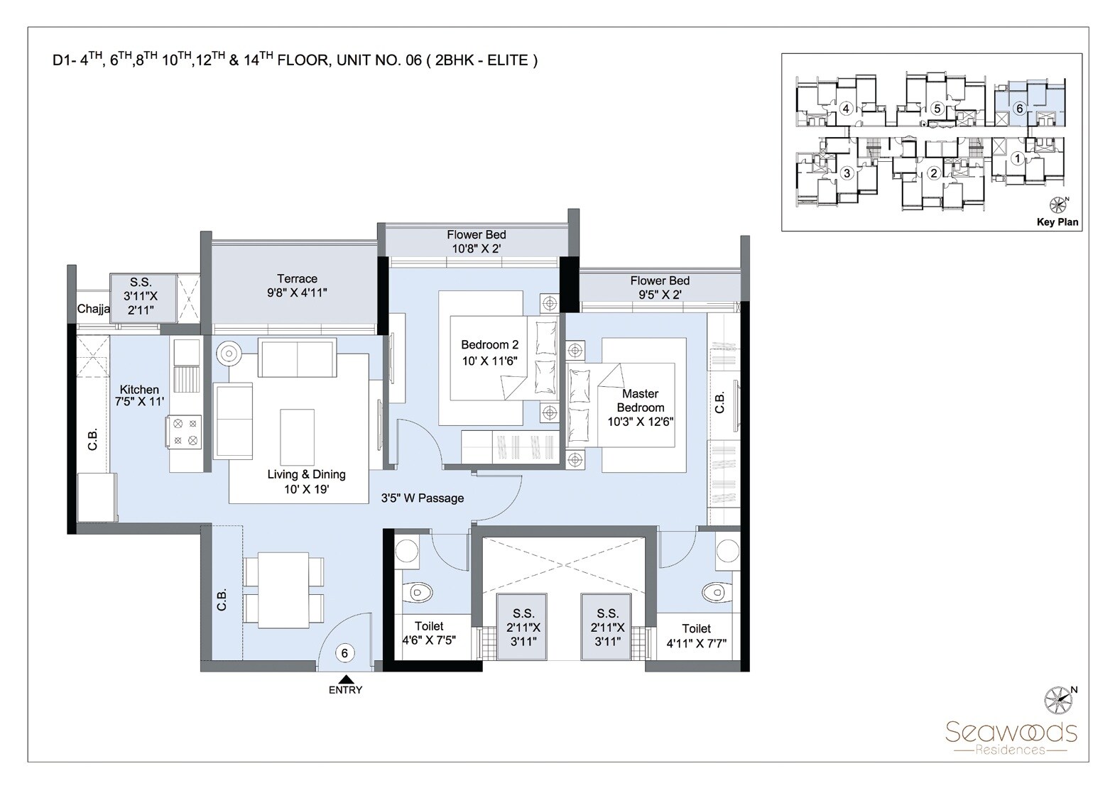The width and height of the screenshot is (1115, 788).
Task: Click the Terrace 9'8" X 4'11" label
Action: pos(297,285)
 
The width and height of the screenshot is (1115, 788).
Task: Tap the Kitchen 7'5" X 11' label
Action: pos(139,395)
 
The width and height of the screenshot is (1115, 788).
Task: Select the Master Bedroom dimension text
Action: pos(640,422)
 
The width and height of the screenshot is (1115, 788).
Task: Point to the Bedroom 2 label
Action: pos(489,345)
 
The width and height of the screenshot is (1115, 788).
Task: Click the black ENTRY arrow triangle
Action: pos(345,679)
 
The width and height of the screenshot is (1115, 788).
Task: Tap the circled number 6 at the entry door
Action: pos(344,653)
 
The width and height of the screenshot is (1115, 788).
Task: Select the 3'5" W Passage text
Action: pos(422,498)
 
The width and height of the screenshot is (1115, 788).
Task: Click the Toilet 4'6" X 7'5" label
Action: pos(428,633)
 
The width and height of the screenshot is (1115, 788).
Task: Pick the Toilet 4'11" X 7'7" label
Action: pos(695,636)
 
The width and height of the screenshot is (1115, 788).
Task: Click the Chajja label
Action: pos(93,309)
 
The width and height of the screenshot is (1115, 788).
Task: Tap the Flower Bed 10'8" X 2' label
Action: pos(476,241)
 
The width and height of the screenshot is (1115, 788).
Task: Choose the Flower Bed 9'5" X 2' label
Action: pos(659,288)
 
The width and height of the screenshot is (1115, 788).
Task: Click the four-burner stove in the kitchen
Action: pos(185,432)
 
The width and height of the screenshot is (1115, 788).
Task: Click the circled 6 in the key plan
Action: pos(1019,109)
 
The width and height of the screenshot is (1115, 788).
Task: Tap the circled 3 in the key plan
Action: pos(846,173)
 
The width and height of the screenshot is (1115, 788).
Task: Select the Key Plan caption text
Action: pos(1057,222)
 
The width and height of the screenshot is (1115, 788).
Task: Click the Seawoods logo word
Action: pos(1011,731)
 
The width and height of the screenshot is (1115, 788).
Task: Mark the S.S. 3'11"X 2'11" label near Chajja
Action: pos(141,295)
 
